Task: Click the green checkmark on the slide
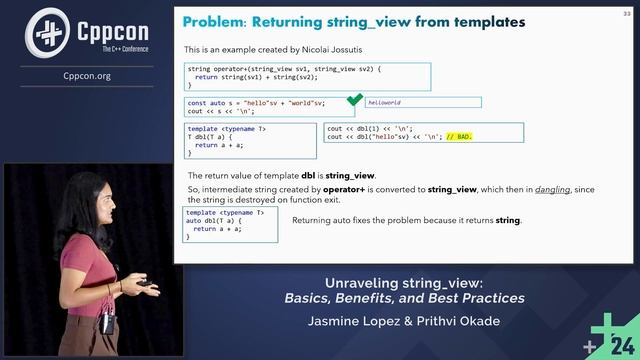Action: [354, 101]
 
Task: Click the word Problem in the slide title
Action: [215, 20]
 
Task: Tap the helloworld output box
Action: [424, 102]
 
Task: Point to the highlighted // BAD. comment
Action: [459, 136]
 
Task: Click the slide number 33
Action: [627, 12]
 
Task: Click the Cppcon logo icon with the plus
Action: [44, 30]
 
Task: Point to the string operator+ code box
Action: [307, 77]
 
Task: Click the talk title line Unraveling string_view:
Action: [404, 281]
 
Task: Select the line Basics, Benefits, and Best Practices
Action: [404, 298]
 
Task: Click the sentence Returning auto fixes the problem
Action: [407, 220]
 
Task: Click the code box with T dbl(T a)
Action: [251, 141]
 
